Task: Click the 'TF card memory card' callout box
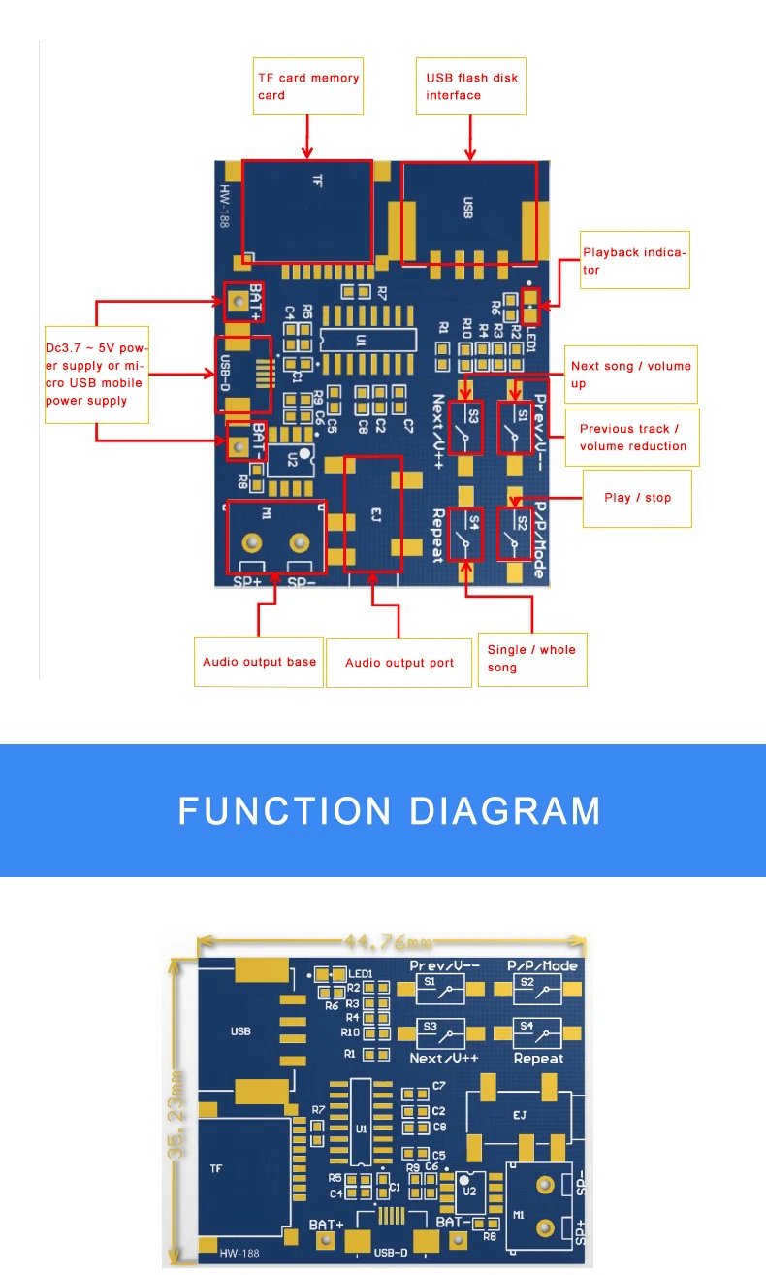click(307, 86)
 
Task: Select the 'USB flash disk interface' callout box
click(472, 86)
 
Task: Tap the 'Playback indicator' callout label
click(634, 261)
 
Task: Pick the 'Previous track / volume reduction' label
click(633, 438)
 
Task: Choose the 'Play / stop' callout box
click(637, 498)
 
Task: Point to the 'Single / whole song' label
click(531, 659)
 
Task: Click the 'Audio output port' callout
click(399, 663)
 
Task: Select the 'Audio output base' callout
click(259, 662)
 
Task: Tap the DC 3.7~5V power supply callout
click(97, 374)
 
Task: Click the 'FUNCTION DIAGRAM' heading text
click(389, 810)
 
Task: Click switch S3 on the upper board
click(469, 427)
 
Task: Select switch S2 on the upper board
click(514, 533)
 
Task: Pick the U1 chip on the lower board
click(361, 1128)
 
